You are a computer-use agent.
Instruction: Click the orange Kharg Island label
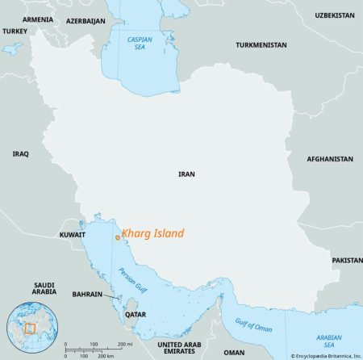[152, 234]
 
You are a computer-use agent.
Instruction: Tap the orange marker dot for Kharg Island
[118, 237]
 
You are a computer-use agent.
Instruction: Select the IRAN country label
[186, 174]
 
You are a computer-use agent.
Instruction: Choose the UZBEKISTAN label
[334, 15]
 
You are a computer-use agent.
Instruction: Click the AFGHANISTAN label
[331, 160]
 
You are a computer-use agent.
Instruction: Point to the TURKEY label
[15, 31]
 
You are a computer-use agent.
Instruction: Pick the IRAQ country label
[21, 153]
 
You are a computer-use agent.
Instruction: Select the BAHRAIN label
[87, 295]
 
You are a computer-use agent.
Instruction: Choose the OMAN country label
[234, 352]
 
